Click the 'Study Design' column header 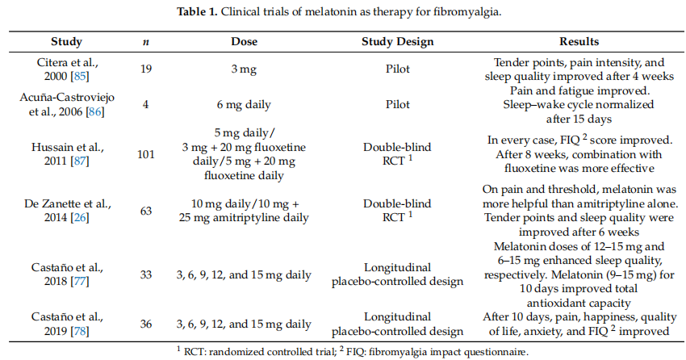point(397,41)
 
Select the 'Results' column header point(579,41)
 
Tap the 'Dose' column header point(244,41)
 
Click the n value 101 point(146,154)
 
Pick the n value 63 point(146,211)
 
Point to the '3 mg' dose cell point(244,69)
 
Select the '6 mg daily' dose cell point(244,105)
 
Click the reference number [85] point(80,76)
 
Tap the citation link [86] point(95,112)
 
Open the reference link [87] point(80,161)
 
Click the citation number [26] point(80,217)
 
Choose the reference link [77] point(80,281)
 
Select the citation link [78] point(80,331)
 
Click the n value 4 point(146,105)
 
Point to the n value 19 point(146,69)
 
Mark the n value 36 point(146,324)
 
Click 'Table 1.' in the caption point(197,12)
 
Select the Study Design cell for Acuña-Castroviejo point(397,105)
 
